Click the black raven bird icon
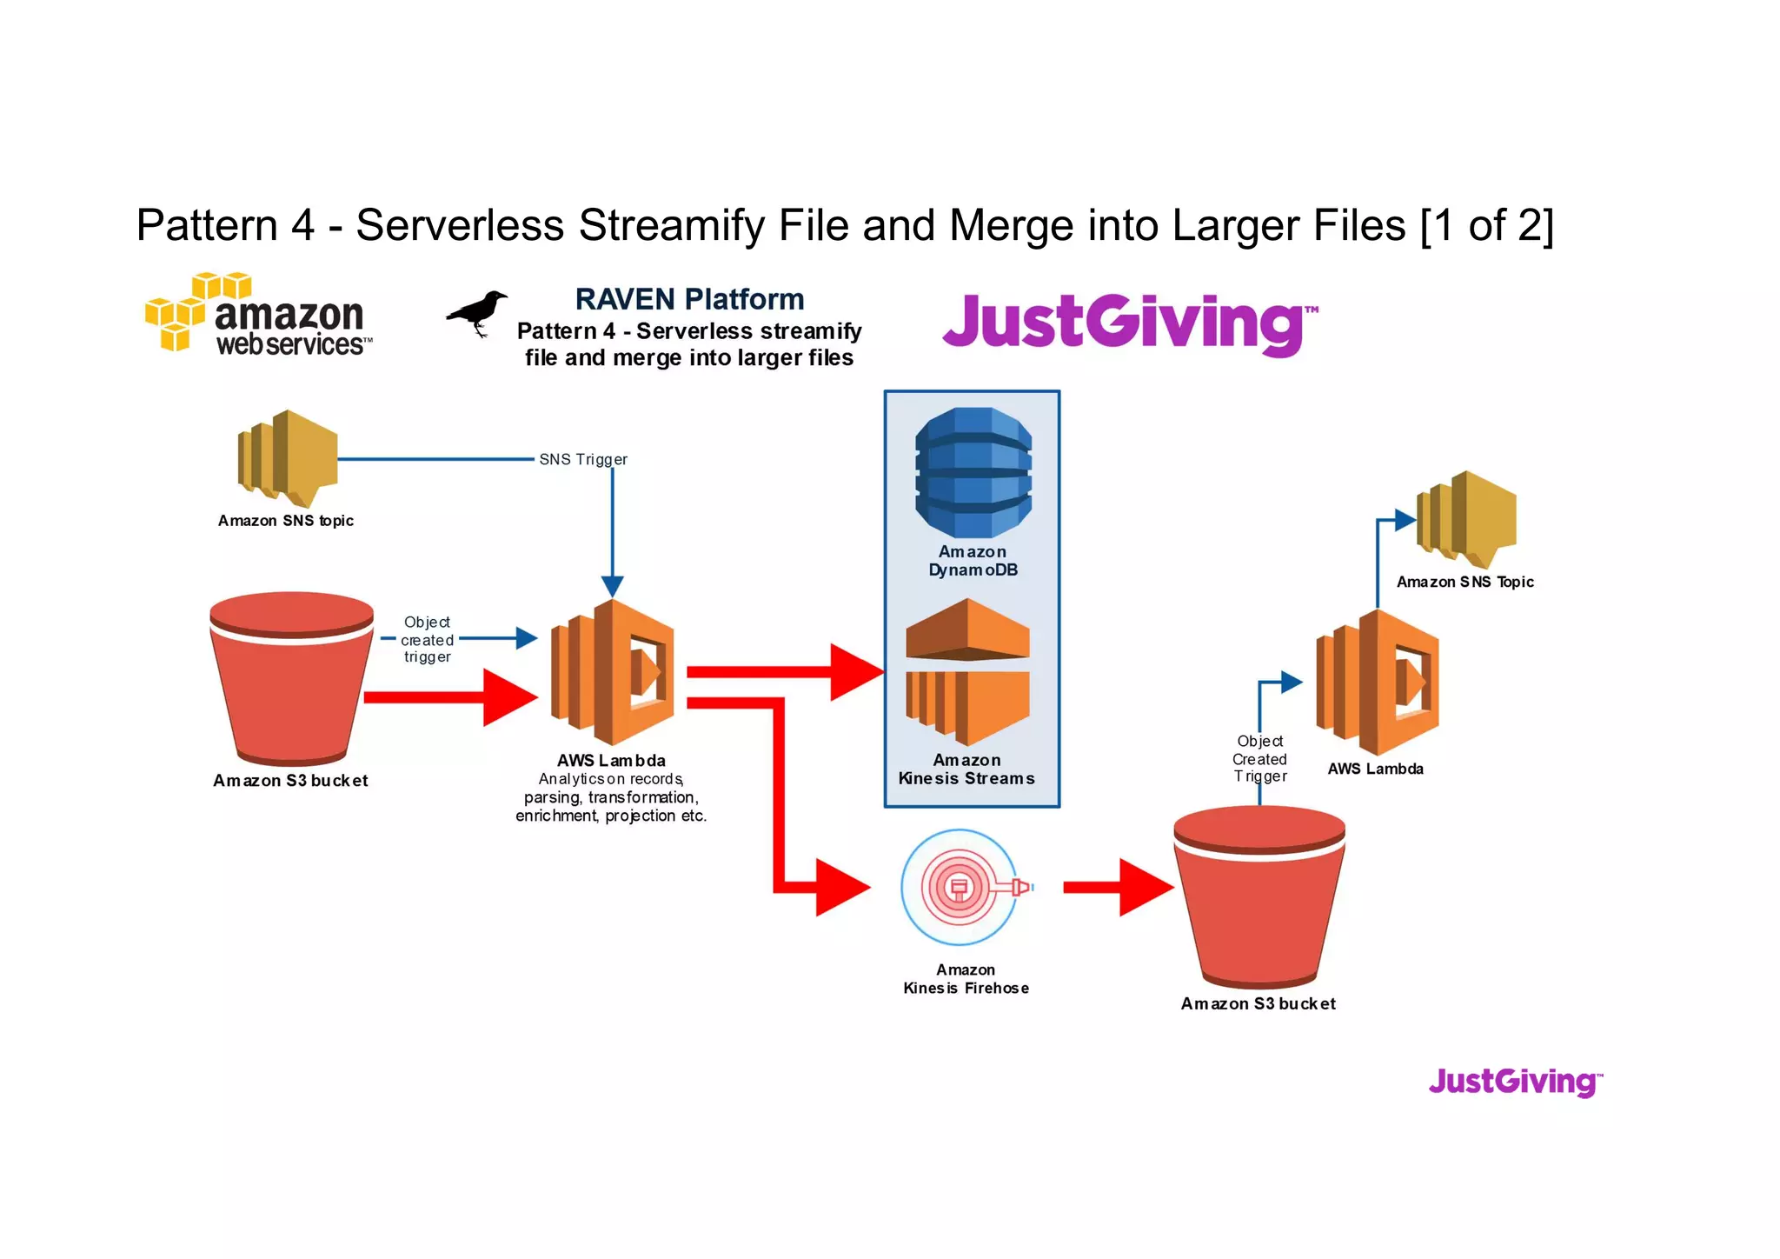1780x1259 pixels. pos(477,313)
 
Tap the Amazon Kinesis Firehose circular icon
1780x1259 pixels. pos(960,888)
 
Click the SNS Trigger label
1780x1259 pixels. pos(582,459)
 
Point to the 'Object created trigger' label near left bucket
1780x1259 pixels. pos(427,640)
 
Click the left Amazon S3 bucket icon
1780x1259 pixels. pos(292,678)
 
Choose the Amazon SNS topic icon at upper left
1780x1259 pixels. pos(287,458)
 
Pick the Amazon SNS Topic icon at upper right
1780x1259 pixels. pos(1466,519)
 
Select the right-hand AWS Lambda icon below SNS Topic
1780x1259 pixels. pos(1378,682)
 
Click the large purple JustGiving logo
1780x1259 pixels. pos(1128,323)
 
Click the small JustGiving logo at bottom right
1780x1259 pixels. pos(1514,1082)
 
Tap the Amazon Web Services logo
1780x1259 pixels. pos(259,315)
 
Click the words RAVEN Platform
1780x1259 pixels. pos(689,299)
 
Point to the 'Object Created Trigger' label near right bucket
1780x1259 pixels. pos(1259,759)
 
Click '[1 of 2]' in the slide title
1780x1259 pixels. pos(1486,225)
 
